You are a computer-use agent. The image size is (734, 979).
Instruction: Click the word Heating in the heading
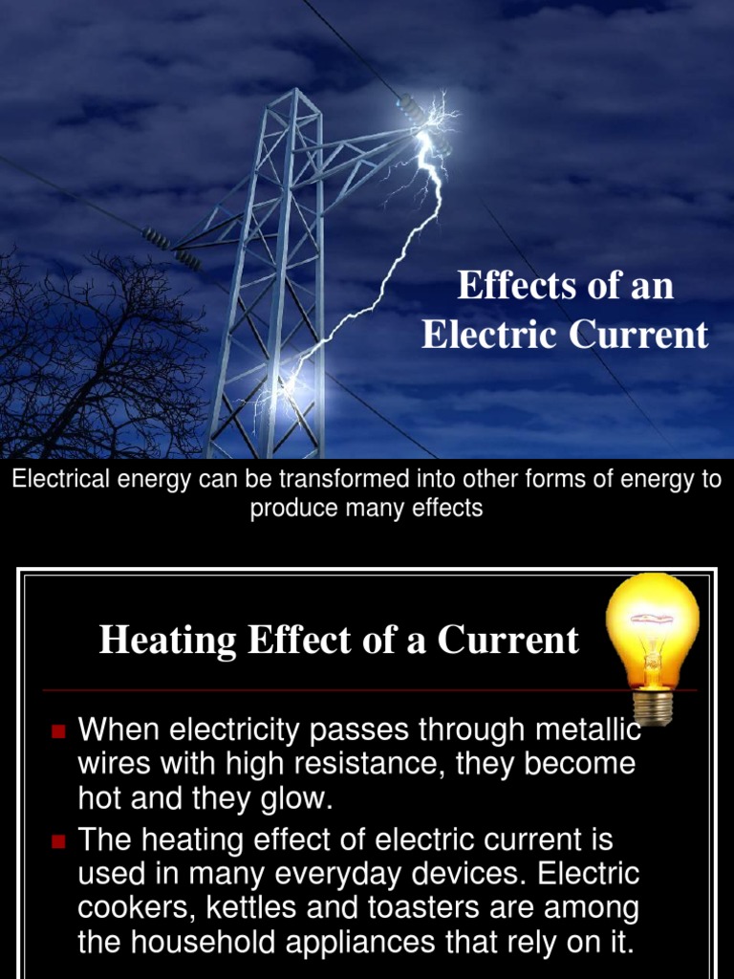pyautogui.click(x=168, y=640)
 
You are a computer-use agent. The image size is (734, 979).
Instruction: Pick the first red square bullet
pyautogui.click(x=58, y=732)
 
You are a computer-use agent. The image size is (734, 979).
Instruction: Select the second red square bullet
pyautogui.click(x=58, y=841)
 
